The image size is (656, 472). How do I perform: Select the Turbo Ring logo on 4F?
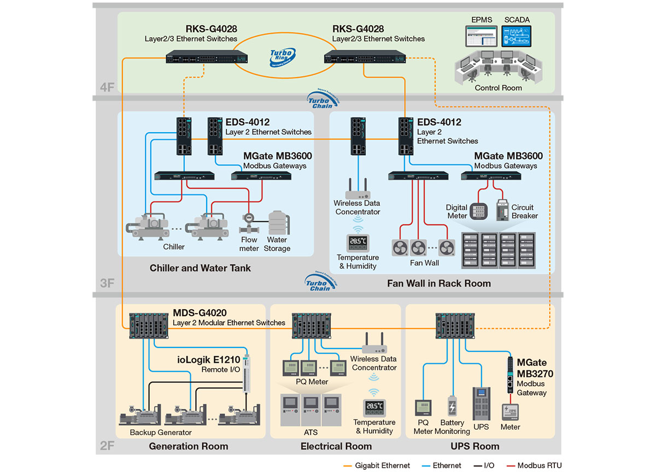(283, 56)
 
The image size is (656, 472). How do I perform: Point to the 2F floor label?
(107, 446)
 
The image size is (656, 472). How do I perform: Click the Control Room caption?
(498, 88)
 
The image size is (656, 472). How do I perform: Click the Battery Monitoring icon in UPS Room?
(452, 407)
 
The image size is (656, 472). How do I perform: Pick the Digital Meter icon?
(479, 211)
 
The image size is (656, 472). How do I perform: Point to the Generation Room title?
(189, 446)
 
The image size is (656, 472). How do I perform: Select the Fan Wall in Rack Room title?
(439, 284)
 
